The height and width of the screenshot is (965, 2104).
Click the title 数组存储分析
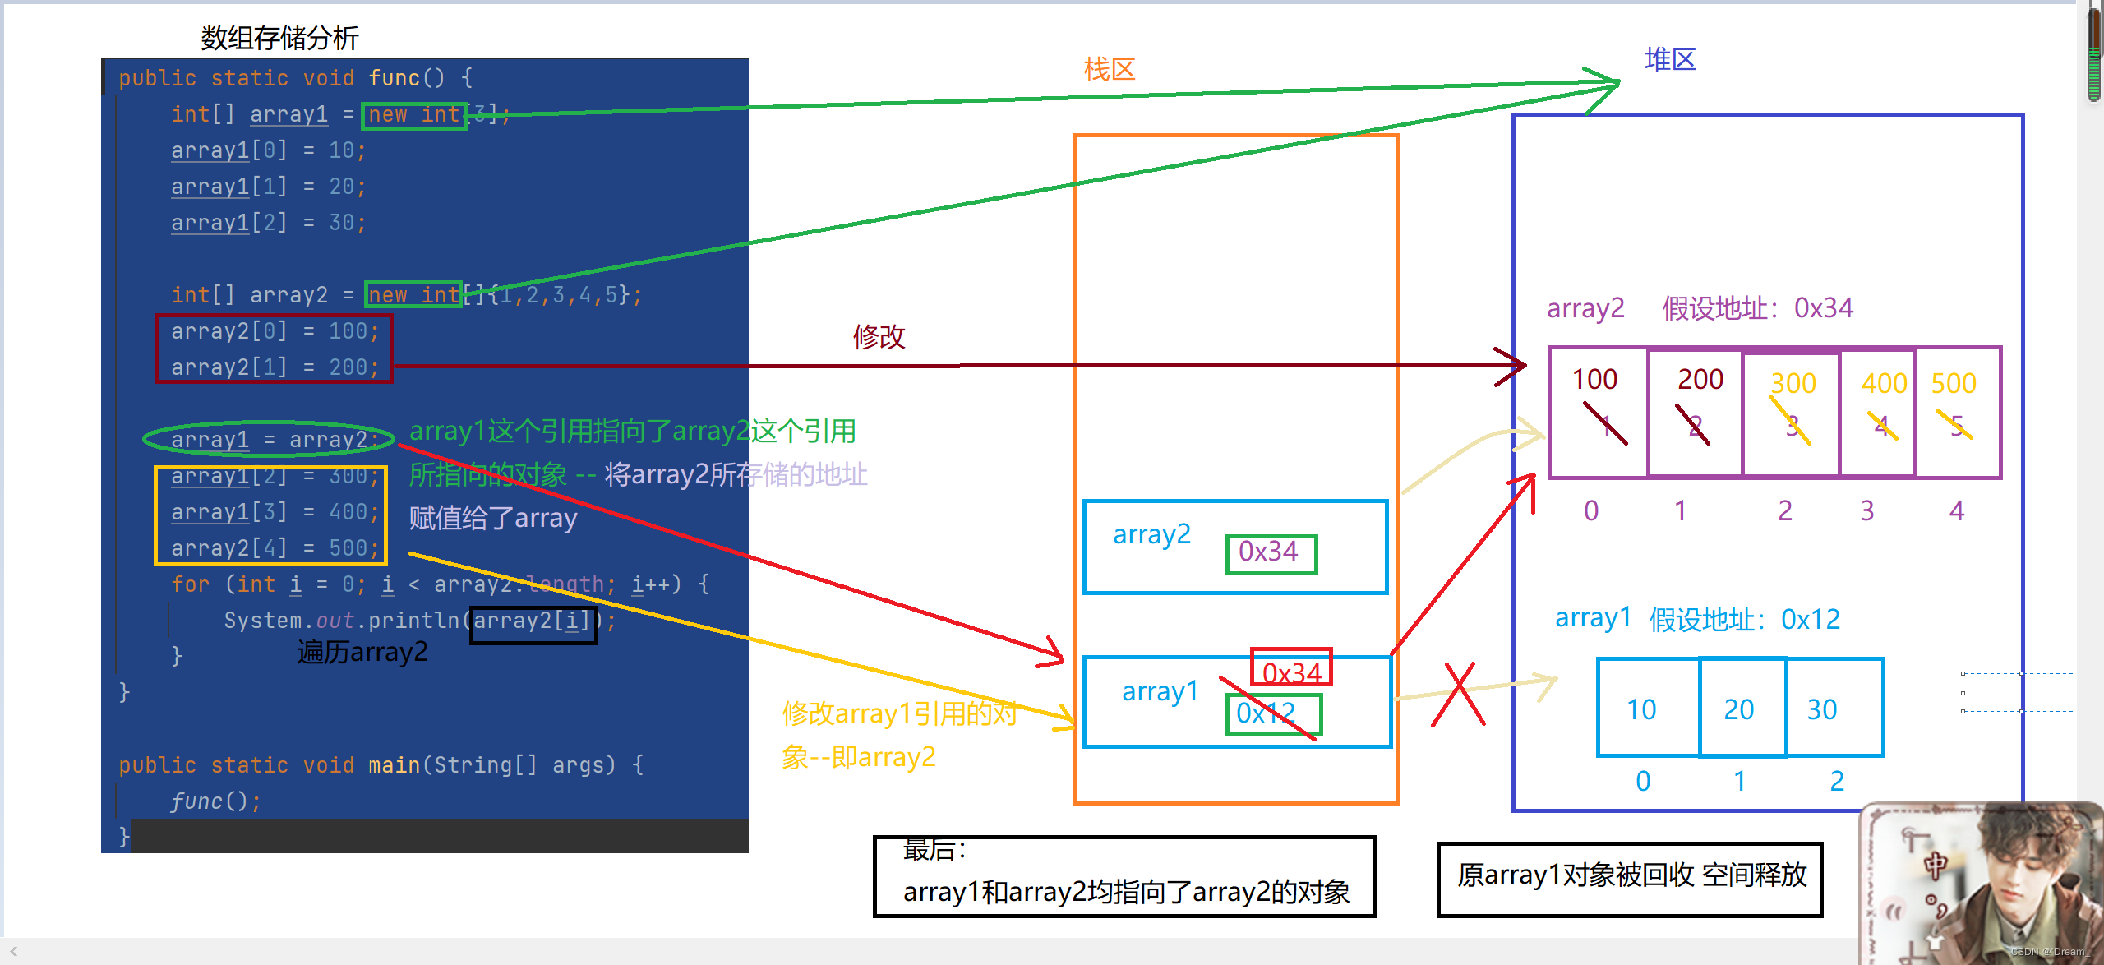coord(279,38)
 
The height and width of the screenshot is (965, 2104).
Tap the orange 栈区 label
coord(1109,70)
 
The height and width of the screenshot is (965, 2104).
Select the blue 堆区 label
coord(1669,60)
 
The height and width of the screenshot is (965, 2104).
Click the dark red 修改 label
coord(879,336)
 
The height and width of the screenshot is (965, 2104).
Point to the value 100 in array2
coord(1594,380)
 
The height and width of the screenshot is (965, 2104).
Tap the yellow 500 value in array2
coord(1954,383)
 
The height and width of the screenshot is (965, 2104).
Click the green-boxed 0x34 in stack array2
coord(1270,552)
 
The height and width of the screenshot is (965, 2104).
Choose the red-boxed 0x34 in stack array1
coord(1291,671)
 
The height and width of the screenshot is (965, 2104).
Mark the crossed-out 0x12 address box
coord(1272,713)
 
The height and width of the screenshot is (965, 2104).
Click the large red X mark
coord(1459,695)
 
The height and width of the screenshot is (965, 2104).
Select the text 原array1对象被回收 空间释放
coord(1631,876)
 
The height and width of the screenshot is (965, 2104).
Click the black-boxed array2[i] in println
coord(533,621)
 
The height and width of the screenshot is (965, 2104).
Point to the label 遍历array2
coord(362,653)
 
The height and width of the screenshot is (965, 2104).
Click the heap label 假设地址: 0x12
coord(1745,619)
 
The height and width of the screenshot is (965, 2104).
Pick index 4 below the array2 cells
coord(1956,511)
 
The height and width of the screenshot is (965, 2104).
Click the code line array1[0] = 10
coord(268,150)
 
